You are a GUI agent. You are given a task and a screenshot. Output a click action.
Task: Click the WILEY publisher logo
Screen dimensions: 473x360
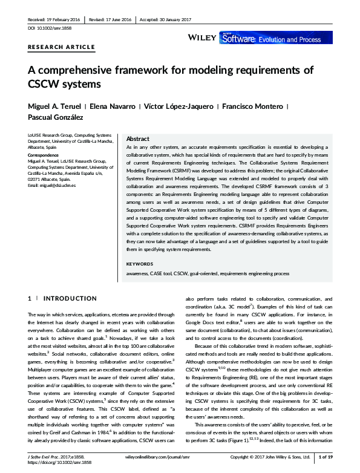[x=203, y=38]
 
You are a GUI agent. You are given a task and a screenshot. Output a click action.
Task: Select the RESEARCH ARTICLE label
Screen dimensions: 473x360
[x=61, y=47]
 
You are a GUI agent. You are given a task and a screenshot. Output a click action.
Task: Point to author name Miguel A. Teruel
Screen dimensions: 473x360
[x=54, y=106]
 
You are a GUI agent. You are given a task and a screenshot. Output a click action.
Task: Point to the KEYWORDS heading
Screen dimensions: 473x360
[x=140, y=264]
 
